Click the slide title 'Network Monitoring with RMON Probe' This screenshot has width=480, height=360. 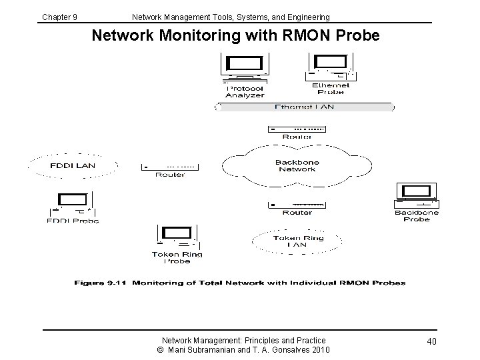(x=235, y=35)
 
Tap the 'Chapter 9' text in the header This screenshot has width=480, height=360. (x=60, y=17)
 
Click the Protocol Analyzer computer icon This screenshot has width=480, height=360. (x=245, y=67)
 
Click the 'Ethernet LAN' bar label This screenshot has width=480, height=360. (x=305, y=107)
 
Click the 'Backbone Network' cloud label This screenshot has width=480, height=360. (x=297, y=166)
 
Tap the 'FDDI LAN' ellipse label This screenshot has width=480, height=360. (x=73, y=165)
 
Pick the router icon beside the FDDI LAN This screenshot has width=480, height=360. (x=171, y=166)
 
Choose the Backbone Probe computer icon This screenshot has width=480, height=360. (x=417, y=195)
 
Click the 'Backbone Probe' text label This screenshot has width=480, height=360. (x=417, y=215)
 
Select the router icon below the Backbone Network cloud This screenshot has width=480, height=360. (x=297, y=203)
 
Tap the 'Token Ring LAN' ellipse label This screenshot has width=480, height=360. (x=297, y=241)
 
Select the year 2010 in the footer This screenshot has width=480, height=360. (x=318, y=350)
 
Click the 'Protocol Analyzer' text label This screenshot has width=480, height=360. (x=245, y=91)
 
